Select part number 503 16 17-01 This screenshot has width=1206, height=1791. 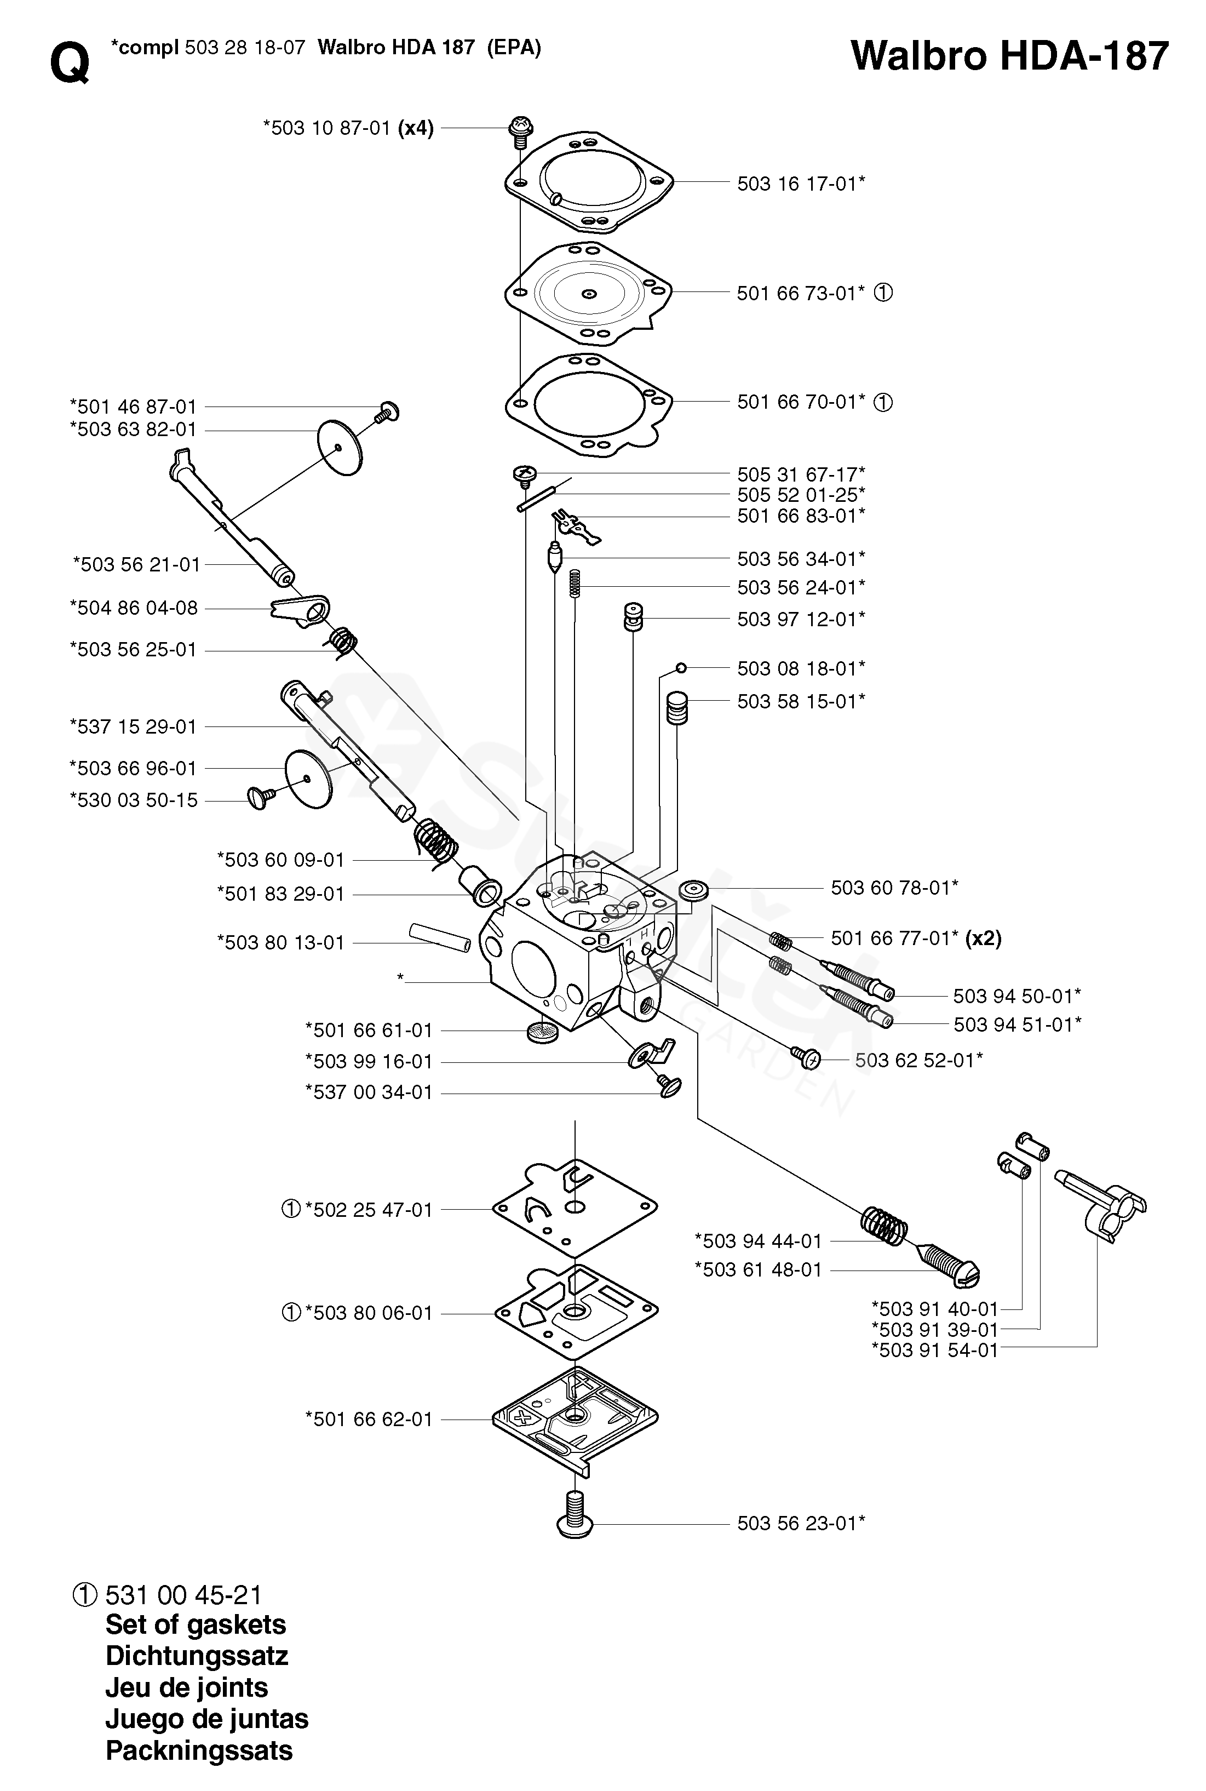pyautogui.click(x=801, y=183)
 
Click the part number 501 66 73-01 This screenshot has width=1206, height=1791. pyautogui.click(x=801, y=293)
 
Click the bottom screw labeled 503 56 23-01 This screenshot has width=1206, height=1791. pyautogui.click(x=575, y=1514)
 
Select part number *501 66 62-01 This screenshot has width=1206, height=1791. pyautogui.click(x=369, y=1420)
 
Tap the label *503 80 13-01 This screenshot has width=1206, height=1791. pyautogui.click(x=281, y=942)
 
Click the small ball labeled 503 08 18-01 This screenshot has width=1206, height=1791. pyautogui.click(x=681, y=667)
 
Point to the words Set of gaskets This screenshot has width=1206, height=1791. pyautogui.click(x=196, y=1625)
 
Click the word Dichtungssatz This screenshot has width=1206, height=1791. pyautogui.click(x=197, y=1656)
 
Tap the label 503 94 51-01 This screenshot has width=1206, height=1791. pyautogui.click(x=1018, y=1025)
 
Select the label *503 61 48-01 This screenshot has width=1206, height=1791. pyautogui.click(x=759, y=1270)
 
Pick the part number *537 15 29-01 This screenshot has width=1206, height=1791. pyautogui.click(x=133, y=726)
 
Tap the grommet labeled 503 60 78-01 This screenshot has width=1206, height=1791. pyautogui.click(x=694, y=891)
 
